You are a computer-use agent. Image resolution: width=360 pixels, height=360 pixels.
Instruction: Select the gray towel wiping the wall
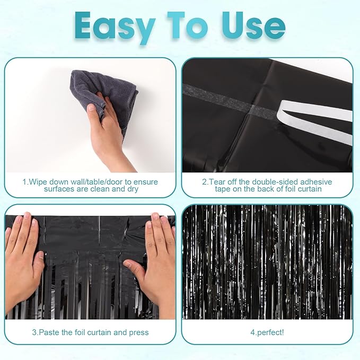[x=109, y=95]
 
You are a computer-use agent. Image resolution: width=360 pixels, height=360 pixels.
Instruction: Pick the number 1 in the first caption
[x=24, y=182]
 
